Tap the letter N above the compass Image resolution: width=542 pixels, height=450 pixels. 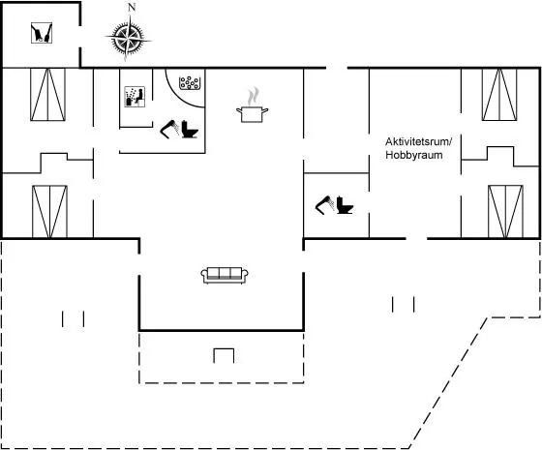(132, 8)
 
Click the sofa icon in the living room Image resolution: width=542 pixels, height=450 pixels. (225, 276)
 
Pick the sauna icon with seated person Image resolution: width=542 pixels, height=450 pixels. (135, 97)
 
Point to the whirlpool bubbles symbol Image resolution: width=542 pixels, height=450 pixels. (190, 83)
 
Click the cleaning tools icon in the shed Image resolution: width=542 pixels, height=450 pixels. (42, 33)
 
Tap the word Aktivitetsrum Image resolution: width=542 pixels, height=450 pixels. (418, 141)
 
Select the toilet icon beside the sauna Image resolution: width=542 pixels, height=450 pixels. (190, 130)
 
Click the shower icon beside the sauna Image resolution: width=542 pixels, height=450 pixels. (169, 130)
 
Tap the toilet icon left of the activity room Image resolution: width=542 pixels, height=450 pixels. (345, 205)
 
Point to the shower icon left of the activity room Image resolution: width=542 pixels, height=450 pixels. (324, 205)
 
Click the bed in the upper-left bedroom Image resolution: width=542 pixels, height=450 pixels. (47, 95)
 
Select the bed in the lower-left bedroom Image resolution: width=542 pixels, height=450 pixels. (49, 212)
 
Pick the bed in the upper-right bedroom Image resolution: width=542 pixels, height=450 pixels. (499, 95)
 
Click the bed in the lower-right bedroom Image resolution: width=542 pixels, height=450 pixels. (505, 212)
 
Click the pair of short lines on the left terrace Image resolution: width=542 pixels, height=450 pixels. (73, 318)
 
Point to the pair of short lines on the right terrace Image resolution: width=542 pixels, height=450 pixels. (403, 304)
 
